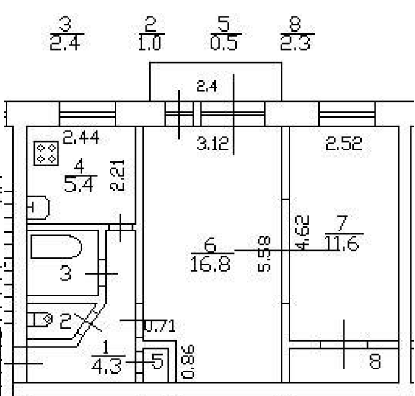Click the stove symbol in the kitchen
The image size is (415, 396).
46,152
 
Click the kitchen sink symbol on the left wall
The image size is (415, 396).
37,207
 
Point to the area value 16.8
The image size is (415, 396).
210,265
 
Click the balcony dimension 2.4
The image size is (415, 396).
207,88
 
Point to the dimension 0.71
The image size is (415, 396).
159,326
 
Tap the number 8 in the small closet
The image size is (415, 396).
375,360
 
